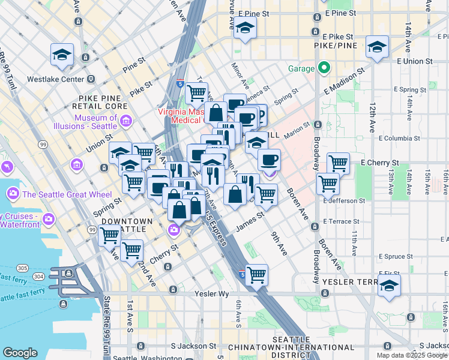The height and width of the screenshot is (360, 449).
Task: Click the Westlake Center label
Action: pos(56,79)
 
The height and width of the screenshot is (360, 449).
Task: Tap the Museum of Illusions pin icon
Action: pos(126,122)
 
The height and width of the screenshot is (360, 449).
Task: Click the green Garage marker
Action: pos(324,67)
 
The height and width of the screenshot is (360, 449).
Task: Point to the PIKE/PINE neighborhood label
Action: pos(336,46)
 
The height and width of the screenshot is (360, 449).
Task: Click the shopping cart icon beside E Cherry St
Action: pos(339,163)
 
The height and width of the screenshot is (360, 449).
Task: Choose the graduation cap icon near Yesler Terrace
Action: pos(389,286)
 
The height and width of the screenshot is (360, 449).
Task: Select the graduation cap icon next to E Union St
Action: pos(377,47)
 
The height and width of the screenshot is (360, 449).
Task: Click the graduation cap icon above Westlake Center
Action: pos(62,55)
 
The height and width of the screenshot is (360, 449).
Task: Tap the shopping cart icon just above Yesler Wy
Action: pos(257,275)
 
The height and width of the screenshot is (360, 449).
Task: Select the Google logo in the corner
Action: pos(20,353)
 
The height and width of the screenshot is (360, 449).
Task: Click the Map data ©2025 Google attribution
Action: pos(412,355)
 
